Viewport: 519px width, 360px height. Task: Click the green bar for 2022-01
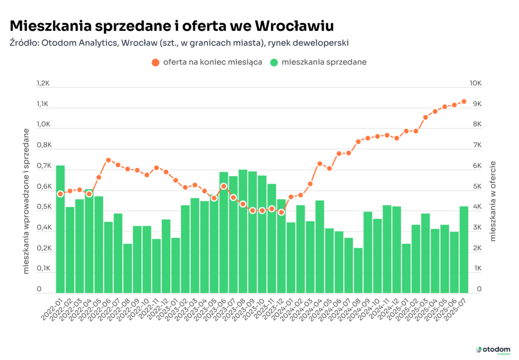pos(60,229)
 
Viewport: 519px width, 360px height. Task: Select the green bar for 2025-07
pos(464,249)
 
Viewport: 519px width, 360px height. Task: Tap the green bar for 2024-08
pos(358,271)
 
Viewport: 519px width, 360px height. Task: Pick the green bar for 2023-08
pos(243,232)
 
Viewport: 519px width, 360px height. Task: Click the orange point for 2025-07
pos(464,101)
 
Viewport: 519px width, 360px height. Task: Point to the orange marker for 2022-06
pos(108,160)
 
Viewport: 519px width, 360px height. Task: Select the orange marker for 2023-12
pos(281,212)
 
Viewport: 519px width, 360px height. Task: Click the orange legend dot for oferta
pos(155,62)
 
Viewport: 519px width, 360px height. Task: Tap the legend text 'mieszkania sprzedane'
pos(324,62)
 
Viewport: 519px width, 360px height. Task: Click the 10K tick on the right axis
pos(475,83)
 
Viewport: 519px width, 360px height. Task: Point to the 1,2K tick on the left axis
pos(43,83)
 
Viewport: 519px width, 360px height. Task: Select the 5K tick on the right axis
pos(477,187)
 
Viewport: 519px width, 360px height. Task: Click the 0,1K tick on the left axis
pos(44,268)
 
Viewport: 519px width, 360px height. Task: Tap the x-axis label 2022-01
pos(52,310)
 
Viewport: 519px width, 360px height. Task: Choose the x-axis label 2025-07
pos(455,310)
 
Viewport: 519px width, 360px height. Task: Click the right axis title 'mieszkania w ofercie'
pos(493,201)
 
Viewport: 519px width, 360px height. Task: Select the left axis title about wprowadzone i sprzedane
pos(26,201)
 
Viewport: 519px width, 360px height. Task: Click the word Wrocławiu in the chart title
pos(294,26)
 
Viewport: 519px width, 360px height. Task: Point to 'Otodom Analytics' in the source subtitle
pos(79,43)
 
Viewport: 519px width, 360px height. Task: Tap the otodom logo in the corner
pos(493,350)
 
